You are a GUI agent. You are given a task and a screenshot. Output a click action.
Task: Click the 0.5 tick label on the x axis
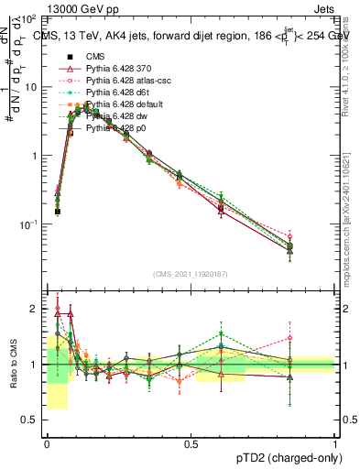coord(191,443)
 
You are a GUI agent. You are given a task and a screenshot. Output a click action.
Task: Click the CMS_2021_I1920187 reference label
coord(191,273)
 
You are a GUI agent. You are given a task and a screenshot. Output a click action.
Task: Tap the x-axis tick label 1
coord(335,443)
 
